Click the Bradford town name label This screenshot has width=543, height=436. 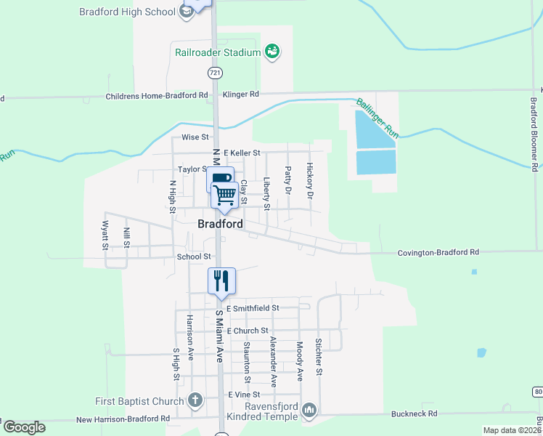[220, 225]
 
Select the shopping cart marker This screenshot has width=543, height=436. [225, 194]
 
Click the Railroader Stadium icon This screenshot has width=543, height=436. [272, 52]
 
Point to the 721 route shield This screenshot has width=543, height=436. [214, 73]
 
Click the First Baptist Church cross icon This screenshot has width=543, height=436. [195, 400]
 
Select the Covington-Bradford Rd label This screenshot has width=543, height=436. [438, 252]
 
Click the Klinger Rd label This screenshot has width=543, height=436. [240, 94]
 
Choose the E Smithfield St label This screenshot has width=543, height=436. [253, 308]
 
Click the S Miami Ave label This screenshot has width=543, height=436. [219, 336]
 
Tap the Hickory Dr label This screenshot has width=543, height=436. [309, 181]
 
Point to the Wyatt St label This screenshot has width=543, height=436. [105, 235]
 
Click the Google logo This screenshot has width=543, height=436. [24, 427]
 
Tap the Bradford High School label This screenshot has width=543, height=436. [128, 12]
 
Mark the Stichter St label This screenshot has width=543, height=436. [318, 357]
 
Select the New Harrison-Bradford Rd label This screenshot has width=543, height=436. [123, 419]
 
